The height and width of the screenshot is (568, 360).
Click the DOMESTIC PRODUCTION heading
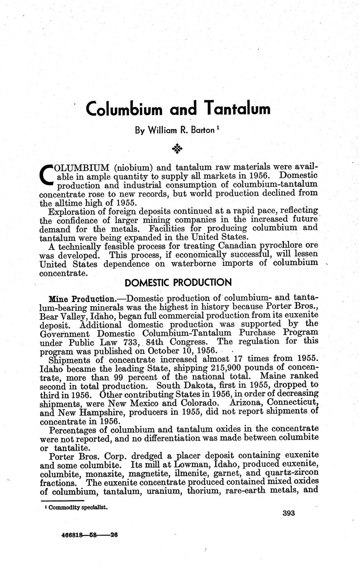(x=178, y=283)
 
